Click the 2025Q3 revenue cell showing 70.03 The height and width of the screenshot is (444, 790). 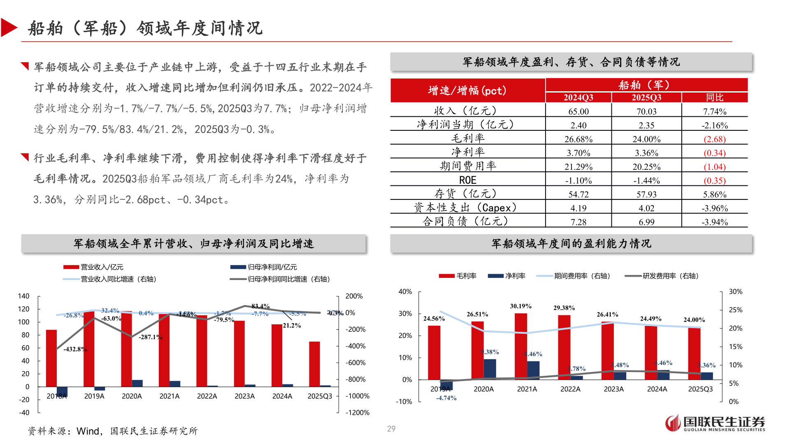point(646,111)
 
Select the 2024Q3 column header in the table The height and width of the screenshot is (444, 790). point(578,97)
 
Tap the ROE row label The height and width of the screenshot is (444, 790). point(467,180)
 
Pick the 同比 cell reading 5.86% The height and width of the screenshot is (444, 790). point(715,194)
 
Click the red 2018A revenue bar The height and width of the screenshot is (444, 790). point(51,358)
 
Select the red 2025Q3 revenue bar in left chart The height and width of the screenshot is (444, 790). point(314,364)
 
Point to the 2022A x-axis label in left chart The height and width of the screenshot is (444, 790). point(207,396)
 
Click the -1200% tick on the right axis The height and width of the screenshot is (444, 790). point(357,412)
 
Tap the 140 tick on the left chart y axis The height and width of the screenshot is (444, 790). point(24,296)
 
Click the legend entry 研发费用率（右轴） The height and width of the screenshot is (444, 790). point(670,276)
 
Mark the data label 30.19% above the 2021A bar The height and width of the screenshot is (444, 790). point(520,306)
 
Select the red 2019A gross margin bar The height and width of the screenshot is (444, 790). point(434,352)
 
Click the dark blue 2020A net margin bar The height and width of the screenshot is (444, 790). point(490,369)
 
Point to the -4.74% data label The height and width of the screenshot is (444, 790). point(446,398)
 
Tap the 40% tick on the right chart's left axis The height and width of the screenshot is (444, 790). point(405,291)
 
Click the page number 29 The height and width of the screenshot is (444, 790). point(391,429)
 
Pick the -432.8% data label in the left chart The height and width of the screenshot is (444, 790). point(75,349)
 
